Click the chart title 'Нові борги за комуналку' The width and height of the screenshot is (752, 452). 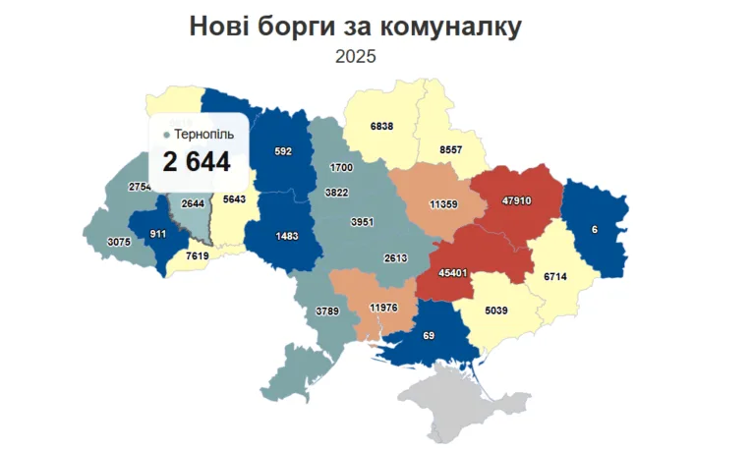tap(355, 27)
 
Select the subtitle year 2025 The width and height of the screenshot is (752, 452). tap(355, 57)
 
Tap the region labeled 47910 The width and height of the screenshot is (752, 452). tap(517, 200)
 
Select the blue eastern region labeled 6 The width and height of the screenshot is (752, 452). tap(595, 229)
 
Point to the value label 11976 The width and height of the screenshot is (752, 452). tap(382, 308)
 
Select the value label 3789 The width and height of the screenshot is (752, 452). tap(327, 311)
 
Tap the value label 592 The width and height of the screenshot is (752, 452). tap(283, 151)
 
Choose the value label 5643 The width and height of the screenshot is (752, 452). tap(235, 198)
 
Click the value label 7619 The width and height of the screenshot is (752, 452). tap(198, 256)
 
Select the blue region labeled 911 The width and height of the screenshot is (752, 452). tap(156, 234)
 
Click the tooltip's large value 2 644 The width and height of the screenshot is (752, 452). tap(197, 162)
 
